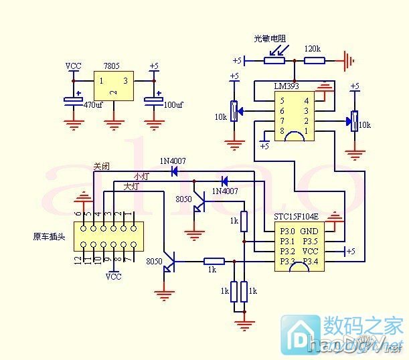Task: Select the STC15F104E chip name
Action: (x=296, y=217)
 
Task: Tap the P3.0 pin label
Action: (x=287, y=230)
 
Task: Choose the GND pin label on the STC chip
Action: (x=310, y=230)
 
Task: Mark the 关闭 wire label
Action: (x=100, y=167)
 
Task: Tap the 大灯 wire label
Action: (x=131, y=187)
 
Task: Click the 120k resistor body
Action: (x=315, y=61)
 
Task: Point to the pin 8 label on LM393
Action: (x=283, y=130)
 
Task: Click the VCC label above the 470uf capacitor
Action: (x=74, y=66)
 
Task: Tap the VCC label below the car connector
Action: (x=114, y=276)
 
